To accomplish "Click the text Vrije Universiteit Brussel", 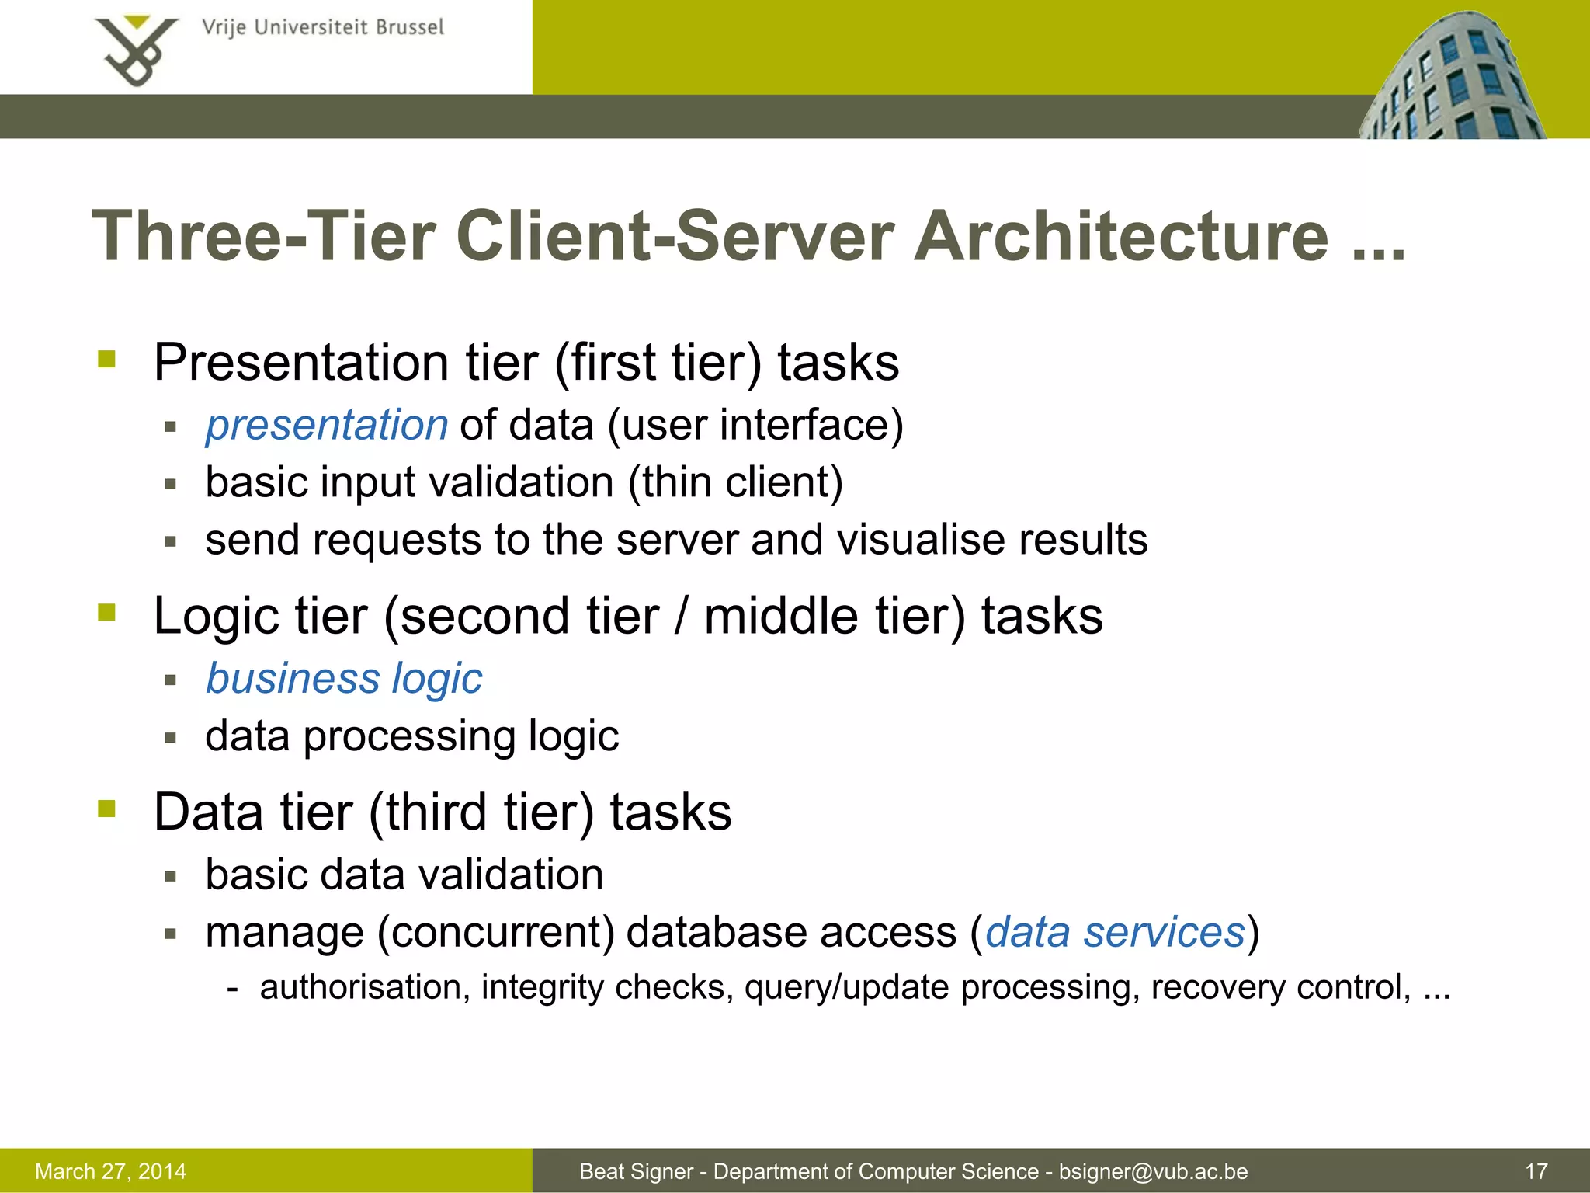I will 323,28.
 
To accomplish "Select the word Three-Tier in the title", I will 264,237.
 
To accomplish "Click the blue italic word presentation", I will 327,425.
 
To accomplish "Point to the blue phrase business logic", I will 344,679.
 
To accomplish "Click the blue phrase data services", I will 1115,932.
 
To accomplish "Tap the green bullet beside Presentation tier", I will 107,360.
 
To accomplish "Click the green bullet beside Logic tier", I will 107,613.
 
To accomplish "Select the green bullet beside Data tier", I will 107,809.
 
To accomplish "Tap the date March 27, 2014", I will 111,1171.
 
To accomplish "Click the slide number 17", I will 1536,1171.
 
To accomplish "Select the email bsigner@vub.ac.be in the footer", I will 1153,1171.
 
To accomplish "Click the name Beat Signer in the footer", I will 636,1171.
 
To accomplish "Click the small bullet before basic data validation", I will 172,877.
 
